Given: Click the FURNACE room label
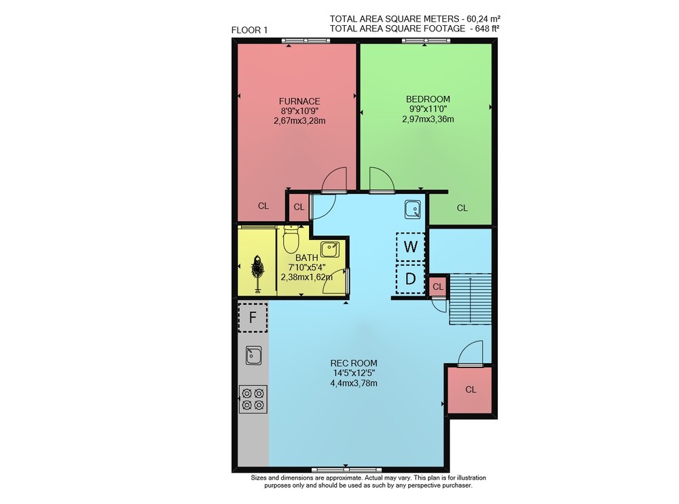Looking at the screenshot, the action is (299, 101).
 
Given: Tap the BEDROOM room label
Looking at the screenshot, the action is (428, 99).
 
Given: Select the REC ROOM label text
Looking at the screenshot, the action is (354, 363).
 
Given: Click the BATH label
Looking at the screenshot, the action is (307, 258).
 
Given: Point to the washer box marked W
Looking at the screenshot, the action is (410, 247).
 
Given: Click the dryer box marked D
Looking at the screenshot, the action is (410, 279).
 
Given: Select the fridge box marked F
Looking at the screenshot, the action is (253, 318).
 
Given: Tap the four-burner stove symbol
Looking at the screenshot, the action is (253, 399).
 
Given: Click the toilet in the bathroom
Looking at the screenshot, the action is (291, 239).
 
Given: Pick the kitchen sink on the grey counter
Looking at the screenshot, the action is (253, 355).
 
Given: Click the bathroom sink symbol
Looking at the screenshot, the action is (330, 250).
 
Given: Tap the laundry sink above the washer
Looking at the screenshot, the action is (413, 209).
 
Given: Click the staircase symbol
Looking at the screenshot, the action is (471, 299).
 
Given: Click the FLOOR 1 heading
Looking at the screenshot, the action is (249, 30).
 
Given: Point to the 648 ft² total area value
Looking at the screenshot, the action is (488, 28).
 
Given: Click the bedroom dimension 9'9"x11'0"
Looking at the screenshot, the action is (428, 109).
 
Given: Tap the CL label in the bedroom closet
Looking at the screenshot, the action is (462, 207).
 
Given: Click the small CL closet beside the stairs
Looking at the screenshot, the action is (438, 287).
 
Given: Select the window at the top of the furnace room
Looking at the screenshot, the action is (306, 41).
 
